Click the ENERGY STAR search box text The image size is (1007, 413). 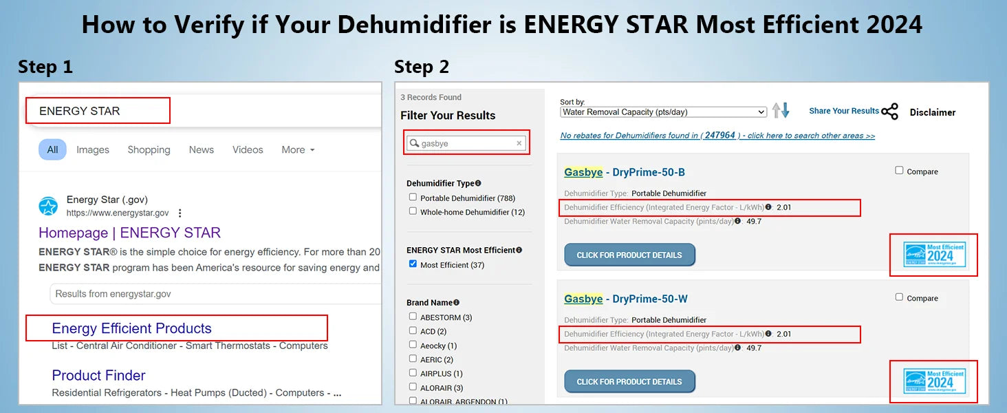(x=80, y=111)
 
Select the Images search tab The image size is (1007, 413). (x=93, y=149)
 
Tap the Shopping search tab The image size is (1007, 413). (x=149, y=149)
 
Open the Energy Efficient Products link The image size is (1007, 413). (x=131, y=328)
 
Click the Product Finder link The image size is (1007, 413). (x=98, y=375)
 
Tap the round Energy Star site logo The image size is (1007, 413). (x=48, y=206)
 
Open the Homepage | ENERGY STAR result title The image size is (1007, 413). (x=129, y=233)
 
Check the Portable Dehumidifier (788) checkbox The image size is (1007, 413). (x=413, y=198)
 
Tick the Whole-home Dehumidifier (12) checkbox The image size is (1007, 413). (x=413, y=211)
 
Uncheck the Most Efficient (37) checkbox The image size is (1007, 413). (x=413, y=264)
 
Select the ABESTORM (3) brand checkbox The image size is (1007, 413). (x=413, y=317)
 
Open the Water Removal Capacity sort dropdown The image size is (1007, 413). (x=663, y=112)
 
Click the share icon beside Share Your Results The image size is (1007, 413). (x=889, y=112)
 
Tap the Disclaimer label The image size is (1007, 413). (x=932, y=112)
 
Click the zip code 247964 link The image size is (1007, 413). (x=719, y=136)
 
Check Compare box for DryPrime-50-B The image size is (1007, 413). (x=899, y=171)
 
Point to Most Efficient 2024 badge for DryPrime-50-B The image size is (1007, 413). (x=934, y=255)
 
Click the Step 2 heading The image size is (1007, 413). (x=421, y=67)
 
